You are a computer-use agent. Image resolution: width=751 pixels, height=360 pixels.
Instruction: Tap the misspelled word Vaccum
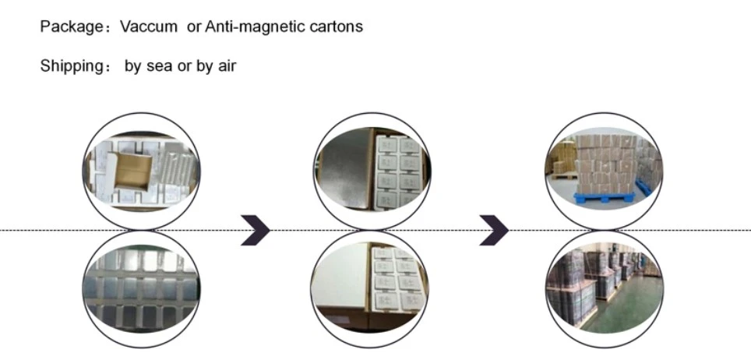pos(149,26)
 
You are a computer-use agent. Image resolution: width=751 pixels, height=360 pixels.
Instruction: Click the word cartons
pos(337,26)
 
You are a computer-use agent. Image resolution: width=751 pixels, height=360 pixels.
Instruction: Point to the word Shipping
pos(72,65)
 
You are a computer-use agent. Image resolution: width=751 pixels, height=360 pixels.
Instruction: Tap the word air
pos(227,65)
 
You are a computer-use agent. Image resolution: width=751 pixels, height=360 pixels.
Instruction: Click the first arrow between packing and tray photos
pos(256,230)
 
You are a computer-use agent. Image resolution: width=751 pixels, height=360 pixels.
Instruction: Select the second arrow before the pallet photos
pos(494,230)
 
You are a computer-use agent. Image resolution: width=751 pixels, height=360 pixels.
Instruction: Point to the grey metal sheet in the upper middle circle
pos(345,168)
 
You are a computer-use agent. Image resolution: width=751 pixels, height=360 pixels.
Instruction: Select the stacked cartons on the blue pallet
pos(606,164)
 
